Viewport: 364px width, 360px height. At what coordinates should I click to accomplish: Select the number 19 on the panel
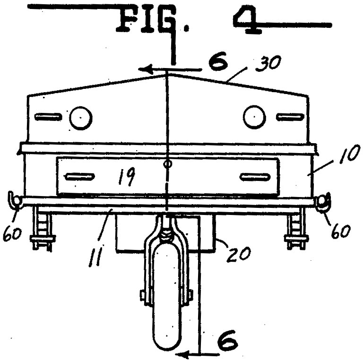(x=126, y=177)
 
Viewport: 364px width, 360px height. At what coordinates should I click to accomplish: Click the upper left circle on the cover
(x=81, y=118)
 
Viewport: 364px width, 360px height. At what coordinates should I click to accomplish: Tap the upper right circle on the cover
(x=254, y=117)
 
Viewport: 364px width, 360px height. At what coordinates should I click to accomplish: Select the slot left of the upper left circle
(x=48, y=117)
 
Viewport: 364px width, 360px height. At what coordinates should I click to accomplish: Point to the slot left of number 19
(x=79, y=177)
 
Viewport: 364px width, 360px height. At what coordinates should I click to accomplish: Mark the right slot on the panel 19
(x=255, y=177)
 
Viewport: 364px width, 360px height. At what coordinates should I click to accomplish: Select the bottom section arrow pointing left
(x=197, y=354)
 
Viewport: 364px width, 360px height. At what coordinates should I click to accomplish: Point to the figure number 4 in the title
(x=247, y=19)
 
